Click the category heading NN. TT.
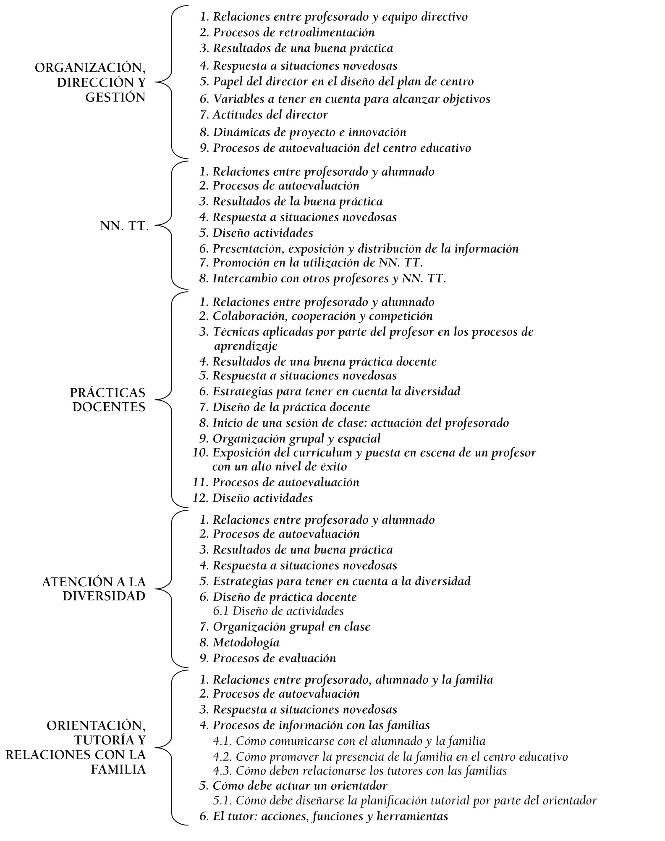click(125, 226)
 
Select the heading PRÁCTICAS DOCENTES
click(108, 400)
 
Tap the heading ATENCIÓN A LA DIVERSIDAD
click(94, 589)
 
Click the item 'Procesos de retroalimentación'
click(293, 32)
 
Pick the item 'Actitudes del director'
click(270, 115)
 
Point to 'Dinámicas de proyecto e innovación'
click(309, 132)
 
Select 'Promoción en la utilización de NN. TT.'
click(317, 263)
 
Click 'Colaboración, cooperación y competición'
click(322, 316)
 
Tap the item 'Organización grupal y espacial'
click(296, 439)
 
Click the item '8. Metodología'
click(246, 642)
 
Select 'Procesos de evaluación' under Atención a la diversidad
click(274, 658)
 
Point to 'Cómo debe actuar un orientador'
click(300, 786)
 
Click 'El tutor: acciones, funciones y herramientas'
click(330, 817)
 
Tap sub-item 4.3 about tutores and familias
click(360, 771)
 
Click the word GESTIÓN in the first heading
click(115, 98)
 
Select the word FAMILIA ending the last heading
click(118, 770)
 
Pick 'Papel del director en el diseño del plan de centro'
click(343, 82)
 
